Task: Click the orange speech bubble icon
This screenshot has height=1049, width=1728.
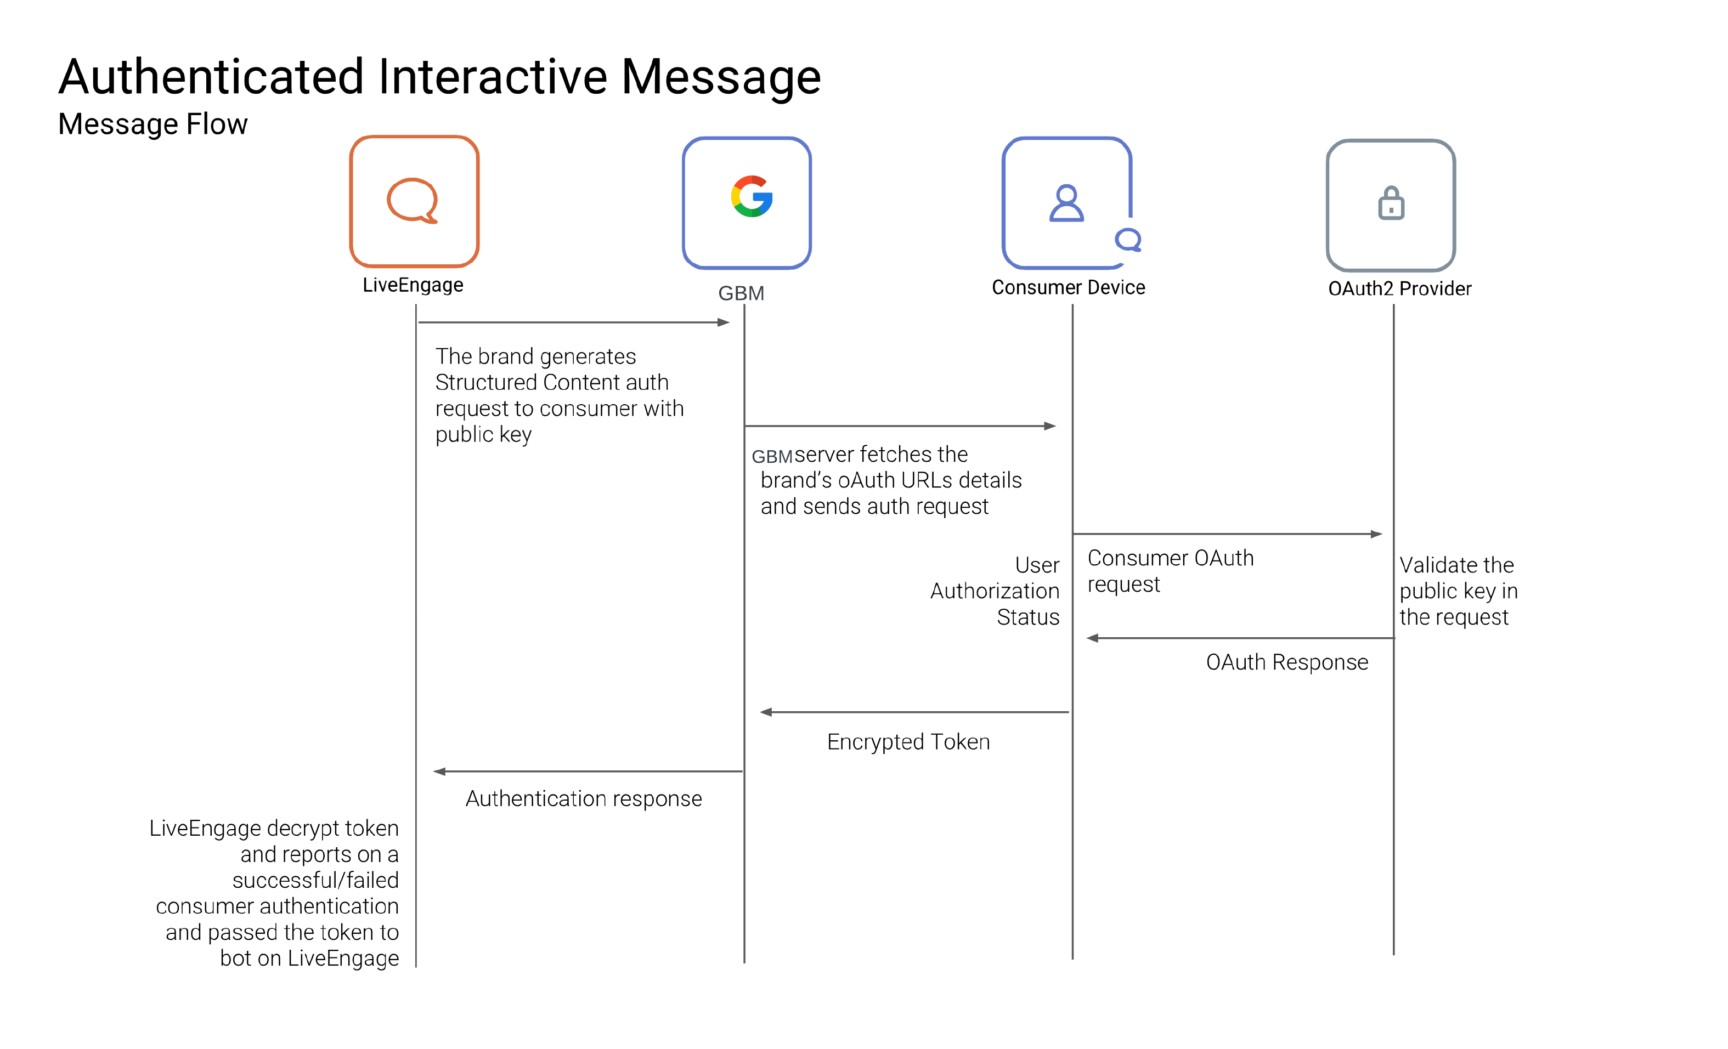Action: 413,201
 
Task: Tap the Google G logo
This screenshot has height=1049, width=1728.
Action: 752,196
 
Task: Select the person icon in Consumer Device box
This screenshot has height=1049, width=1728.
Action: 1066,203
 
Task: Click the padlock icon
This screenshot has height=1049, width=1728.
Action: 1391,203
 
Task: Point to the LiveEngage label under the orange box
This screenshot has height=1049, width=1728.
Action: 413,285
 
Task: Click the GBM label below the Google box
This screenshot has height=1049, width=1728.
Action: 741,293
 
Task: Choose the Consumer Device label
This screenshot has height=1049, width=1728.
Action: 1068,287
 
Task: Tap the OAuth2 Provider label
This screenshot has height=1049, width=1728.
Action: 1400,289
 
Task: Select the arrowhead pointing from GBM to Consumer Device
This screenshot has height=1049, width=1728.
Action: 1050,426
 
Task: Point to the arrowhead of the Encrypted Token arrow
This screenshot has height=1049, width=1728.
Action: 766,712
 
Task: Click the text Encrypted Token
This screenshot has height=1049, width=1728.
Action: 908,742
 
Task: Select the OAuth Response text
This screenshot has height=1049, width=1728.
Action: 1287,662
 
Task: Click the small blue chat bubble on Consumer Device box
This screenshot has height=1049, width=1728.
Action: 1128,240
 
